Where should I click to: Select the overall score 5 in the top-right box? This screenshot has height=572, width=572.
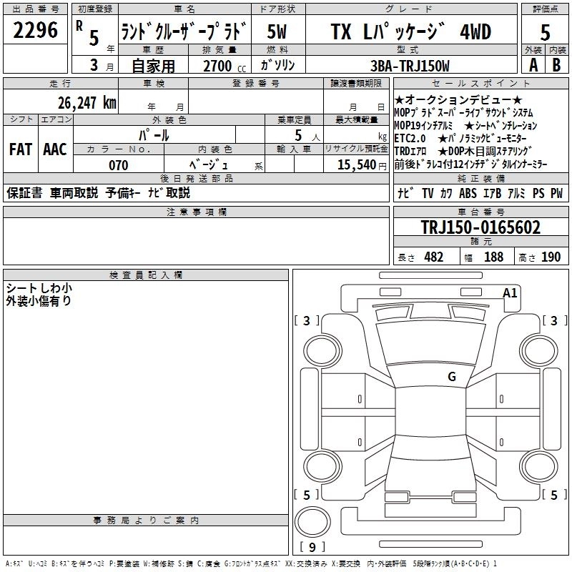tap(546, 33)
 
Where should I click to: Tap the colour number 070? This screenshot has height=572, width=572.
tap(118, 165)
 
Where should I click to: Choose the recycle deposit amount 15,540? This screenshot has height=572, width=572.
tap(354, 165)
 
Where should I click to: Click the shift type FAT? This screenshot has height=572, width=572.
tap(20, 149)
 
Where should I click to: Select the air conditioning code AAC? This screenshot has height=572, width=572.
tap(54, 149)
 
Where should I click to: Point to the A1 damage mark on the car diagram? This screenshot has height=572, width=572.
tap(510, 292)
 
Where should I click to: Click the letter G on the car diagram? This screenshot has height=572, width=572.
tap(451, 377)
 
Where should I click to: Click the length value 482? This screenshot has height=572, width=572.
tap(433, 257)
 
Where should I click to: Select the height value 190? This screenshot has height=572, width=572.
tap(551, 257)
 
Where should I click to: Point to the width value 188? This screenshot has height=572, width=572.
tap(493, 257)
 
